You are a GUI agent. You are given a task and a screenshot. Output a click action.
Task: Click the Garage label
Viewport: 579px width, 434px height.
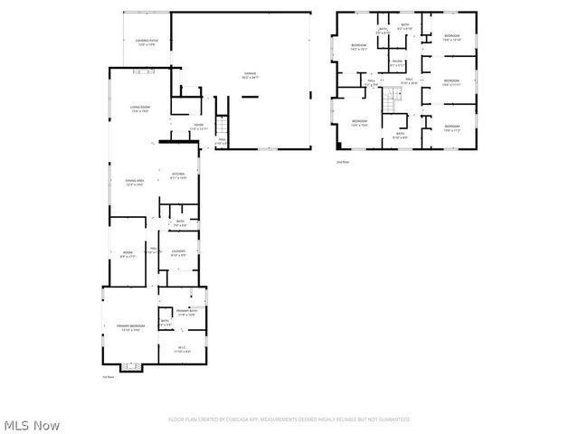[x=249, y=75]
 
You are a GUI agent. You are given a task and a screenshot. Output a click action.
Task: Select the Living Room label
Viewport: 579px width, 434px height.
[x=138, y=108]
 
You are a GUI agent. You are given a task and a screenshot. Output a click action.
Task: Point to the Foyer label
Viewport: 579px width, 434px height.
[x=198, y=127]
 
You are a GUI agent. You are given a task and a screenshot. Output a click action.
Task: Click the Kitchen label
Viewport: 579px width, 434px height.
[x=178, y=175]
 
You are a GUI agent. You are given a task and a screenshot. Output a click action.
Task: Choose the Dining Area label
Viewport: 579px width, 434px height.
[x=135, y=183]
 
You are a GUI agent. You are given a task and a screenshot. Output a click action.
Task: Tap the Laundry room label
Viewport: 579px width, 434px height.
[x=179, y=253]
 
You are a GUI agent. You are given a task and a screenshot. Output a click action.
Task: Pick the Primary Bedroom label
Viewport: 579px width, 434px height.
[x=129, y=326]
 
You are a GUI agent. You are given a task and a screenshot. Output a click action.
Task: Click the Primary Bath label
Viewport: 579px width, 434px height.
[x=186, y=313]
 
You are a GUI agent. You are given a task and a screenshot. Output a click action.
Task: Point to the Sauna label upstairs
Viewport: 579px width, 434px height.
[x=396, y=63]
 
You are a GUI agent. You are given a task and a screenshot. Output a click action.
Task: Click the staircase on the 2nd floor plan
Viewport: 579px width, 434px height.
[x=392, y=100]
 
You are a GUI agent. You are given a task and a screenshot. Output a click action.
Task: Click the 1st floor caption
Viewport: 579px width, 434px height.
[x=108, y=377]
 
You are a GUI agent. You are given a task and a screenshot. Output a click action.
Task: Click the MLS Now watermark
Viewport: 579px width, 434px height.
[x=32, y=424]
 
